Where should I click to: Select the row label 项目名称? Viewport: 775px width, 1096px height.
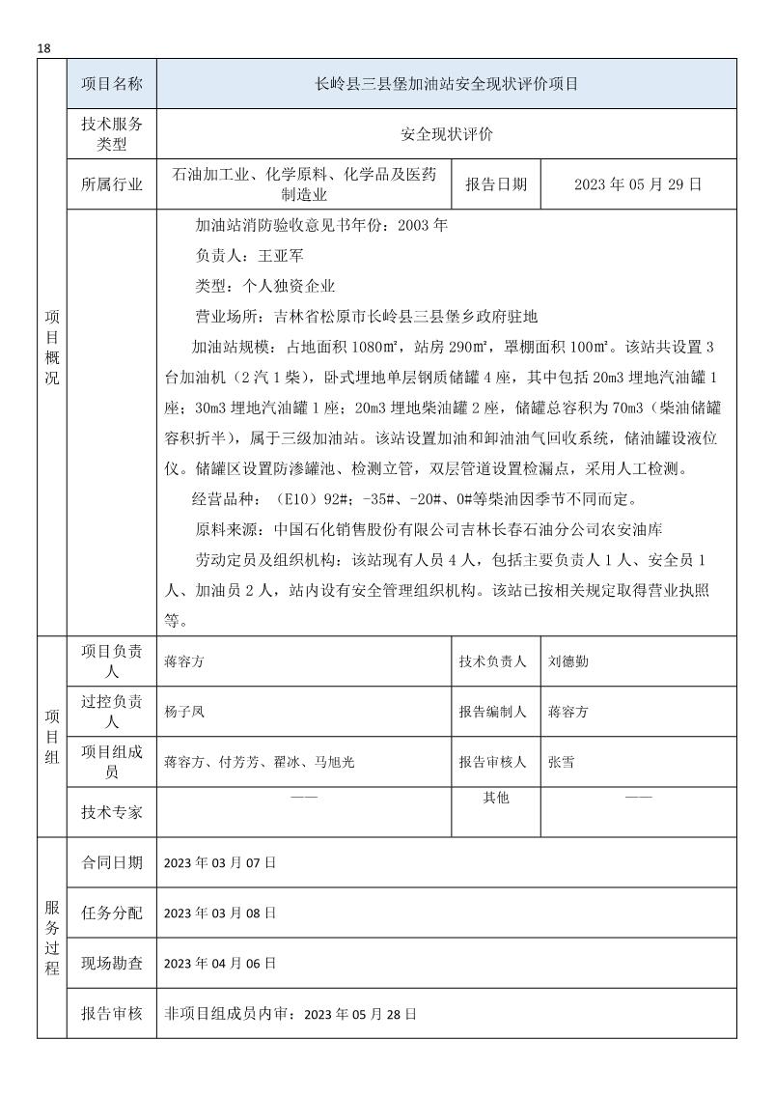point(112,84)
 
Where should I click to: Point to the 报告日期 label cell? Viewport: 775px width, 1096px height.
point(496,184)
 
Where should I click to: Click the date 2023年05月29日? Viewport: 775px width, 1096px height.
point(638,184)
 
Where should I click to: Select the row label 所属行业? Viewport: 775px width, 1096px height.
point(112,184)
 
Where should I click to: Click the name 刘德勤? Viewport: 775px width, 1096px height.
point(566,661)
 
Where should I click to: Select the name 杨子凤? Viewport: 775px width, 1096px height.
point(184,712)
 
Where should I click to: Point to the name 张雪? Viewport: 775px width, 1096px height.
point(561,762)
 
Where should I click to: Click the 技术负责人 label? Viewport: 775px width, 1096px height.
point(493,661)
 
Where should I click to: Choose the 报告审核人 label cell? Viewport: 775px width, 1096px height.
point(493,762)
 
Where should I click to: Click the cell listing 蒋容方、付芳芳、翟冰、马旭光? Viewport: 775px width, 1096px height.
point(260,762)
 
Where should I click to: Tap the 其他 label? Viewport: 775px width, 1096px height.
point(495,799)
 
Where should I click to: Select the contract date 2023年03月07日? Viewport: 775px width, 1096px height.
point(220,862)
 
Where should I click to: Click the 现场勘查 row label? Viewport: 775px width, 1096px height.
point(112,963)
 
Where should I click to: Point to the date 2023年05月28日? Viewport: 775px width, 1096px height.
point(360,1014)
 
